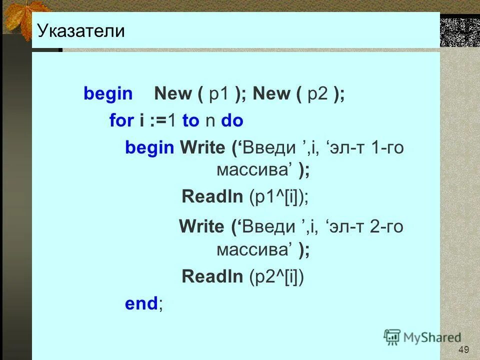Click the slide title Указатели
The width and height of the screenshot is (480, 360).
tap(80, 31)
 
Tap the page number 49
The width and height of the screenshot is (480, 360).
tap(463, 349)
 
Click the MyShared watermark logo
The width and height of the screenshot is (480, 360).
tap(422, 337)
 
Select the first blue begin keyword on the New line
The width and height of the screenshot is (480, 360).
tap(108, 93)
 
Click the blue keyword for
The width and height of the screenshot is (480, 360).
tap(121, 120)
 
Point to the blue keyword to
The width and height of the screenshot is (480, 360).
tap(190, 120)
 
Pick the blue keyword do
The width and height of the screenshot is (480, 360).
tap(232, 120)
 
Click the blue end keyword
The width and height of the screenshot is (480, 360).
tap(141, 303)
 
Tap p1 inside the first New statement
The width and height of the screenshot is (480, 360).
tap(218, 93)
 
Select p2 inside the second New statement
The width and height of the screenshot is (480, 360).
tap(317, 93)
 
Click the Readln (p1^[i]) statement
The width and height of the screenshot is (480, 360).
tap(245, 196)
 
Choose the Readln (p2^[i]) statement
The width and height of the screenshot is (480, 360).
tap(243, 276)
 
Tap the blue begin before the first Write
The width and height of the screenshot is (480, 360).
tap(149, 148)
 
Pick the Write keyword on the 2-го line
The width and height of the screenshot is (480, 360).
tap(202, 226)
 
